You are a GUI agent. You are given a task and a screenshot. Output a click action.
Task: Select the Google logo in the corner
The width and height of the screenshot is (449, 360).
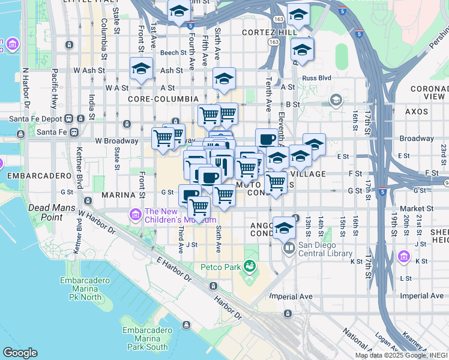20,353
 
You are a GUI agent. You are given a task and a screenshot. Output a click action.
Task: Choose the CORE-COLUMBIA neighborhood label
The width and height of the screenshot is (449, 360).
163,98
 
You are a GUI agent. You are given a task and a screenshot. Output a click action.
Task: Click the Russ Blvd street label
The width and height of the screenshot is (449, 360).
317,77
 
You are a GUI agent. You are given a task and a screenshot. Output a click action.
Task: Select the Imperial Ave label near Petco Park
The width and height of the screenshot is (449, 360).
291,296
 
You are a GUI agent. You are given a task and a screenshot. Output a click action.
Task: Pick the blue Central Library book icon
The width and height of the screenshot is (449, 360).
289,247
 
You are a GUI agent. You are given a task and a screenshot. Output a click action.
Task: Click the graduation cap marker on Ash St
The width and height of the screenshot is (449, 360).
142,68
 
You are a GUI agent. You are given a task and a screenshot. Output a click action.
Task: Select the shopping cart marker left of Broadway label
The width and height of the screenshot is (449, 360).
163,137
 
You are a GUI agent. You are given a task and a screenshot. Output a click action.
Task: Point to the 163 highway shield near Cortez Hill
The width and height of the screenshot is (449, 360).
274,42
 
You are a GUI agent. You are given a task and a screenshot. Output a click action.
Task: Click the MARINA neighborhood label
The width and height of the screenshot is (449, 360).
116,196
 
